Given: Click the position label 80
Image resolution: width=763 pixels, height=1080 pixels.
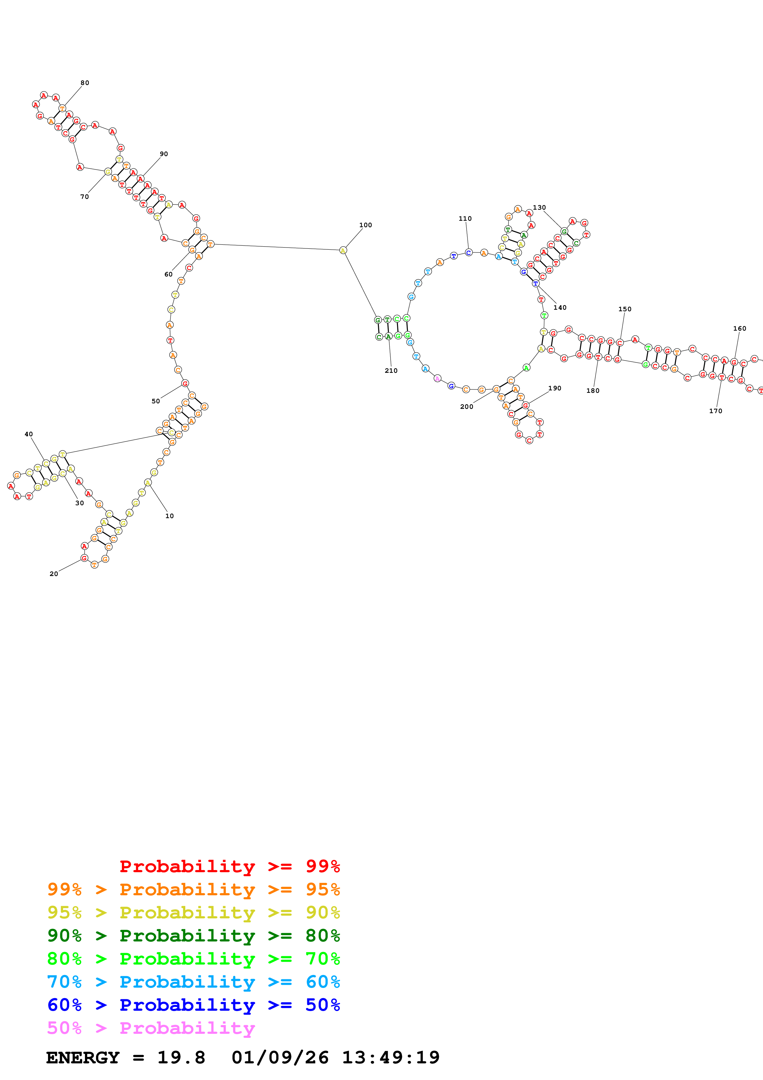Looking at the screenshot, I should click(85, 83).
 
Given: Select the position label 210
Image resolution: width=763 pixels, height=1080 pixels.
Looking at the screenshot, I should click(391, 371).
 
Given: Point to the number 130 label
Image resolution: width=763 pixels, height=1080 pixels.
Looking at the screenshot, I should click(539, 208).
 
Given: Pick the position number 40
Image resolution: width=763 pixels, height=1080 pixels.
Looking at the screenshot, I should click(29, 434).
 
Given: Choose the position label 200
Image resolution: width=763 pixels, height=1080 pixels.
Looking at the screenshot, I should click(466, 407).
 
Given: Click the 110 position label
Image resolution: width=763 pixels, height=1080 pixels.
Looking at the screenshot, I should click(465, 219).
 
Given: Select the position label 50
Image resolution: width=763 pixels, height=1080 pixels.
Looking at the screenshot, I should click(156, 401).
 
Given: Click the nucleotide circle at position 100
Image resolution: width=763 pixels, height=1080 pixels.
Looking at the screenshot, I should click(343, 250).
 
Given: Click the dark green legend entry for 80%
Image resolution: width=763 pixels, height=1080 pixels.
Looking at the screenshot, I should click(194, 936).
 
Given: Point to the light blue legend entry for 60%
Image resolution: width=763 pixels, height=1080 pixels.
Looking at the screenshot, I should click(194, 982).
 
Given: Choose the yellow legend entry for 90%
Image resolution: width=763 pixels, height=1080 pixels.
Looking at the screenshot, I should click(194, 913).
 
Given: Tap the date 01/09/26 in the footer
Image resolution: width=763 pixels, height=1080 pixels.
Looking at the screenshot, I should click(280, 1058).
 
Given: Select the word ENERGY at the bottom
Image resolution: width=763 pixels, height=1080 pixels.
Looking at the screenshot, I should click(83, 1058).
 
